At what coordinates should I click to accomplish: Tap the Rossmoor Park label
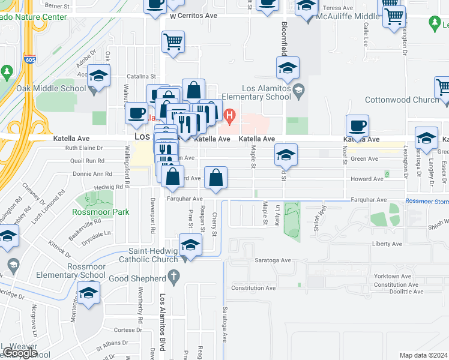pos(92,212)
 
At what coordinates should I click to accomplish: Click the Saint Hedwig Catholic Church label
pos(147,256)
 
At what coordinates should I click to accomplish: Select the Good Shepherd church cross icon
pos(173,277)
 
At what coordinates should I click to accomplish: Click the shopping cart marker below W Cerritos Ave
pos(173,42)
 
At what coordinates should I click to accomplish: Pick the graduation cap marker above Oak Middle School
pos(98,77)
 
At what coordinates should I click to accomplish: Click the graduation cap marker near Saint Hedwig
pos(190,246)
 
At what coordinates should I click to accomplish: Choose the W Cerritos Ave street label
pos(193,16)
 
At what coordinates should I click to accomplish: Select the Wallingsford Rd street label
pos(127,171)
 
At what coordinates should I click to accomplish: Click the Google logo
pos(20,353)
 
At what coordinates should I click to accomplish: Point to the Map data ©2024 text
pos(423,355)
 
